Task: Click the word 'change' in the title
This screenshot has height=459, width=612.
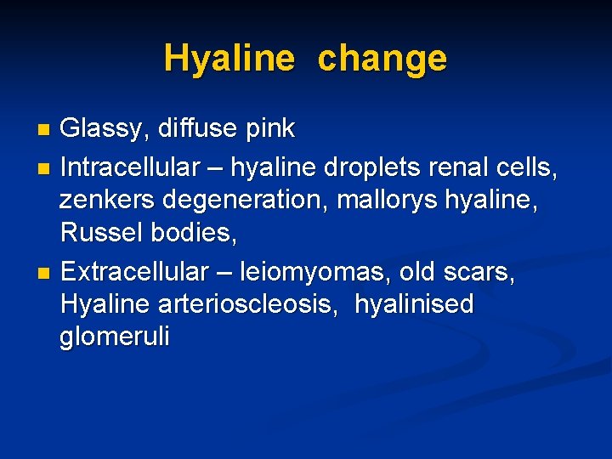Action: coord(382,59)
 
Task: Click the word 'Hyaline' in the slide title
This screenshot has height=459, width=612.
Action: coord(229,59)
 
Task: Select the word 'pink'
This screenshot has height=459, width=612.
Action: coord(269,129)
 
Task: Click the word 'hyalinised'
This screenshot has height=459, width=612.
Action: coord(414,304)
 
